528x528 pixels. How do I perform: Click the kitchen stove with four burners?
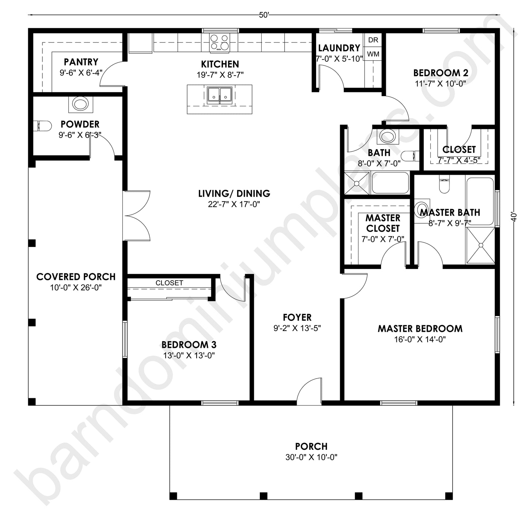point(219,42)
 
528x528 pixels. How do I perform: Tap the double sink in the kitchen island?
point(220,95)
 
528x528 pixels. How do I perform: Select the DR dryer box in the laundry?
point(373,40)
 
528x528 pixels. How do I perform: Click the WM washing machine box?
point(373,54)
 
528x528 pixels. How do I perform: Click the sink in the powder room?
point(80,104)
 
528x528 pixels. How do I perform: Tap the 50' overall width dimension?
point(264,15)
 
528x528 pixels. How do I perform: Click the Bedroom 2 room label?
point(441,73)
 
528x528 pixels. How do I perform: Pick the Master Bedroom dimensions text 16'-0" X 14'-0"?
point(420,339)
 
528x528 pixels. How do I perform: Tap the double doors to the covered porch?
point(137,216)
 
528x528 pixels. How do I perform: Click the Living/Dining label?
point(234,193)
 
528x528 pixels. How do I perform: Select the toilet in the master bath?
point(444,185)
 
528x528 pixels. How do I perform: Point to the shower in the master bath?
point(480,245)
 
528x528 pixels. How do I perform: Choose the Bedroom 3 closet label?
point(169,283)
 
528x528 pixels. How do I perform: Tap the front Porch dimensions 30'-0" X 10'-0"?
point(311,457)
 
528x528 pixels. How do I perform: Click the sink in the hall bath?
point(387,136)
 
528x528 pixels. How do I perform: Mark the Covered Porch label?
point(76,277)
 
